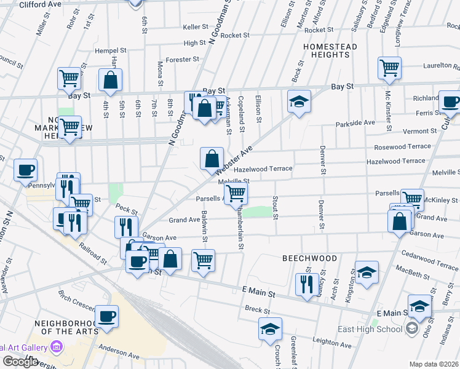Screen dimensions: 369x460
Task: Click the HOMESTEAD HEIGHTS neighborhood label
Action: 326,50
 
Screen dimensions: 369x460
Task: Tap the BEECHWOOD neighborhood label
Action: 309,258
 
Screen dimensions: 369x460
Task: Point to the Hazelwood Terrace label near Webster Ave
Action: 263,168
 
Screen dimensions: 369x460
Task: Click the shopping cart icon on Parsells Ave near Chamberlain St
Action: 236,194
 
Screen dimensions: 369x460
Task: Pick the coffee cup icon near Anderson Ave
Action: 107,316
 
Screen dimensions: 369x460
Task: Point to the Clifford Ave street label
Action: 40,4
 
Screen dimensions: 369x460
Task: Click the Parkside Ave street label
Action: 355,124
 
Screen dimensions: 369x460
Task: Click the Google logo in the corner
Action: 20,362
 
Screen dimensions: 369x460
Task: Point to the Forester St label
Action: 183,60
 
